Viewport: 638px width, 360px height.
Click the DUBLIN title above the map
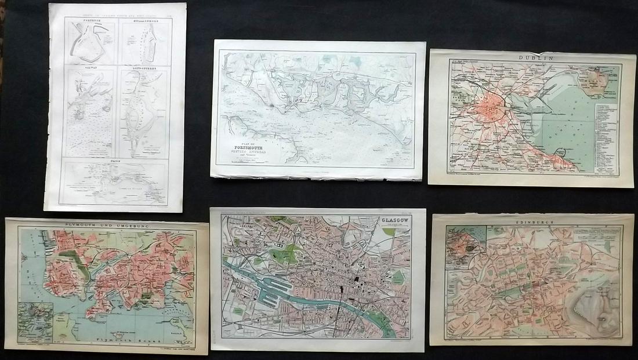click(532, 58)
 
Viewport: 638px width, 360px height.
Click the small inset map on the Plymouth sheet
click(35, 322)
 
